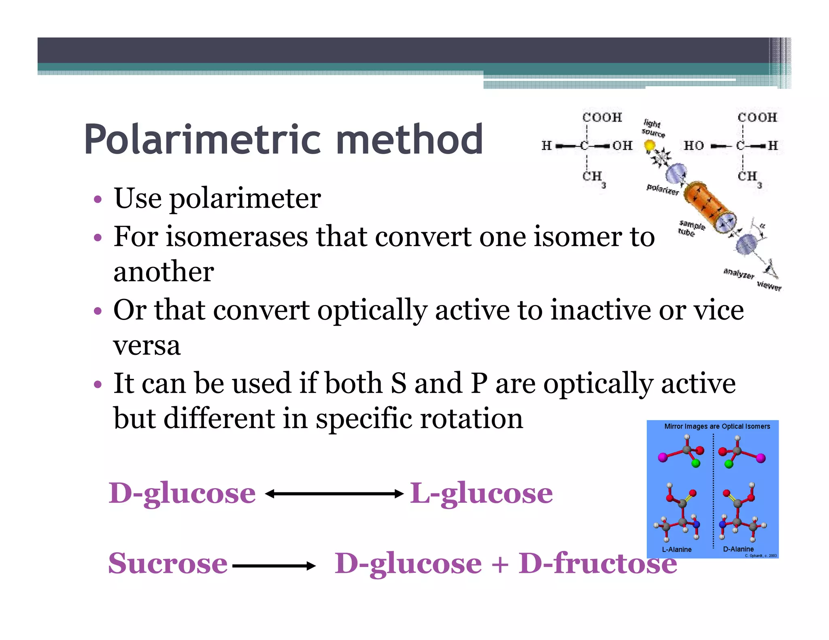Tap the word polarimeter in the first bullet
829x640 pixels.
tap(245, 199)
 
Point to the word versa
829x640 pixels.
tap(147, 346)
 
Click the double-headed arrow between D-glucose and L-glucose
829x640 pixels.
tap(334, 494)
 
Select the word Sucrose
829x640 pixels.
tap(168, 564)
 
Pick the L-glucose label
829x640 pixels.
tap(481, 494)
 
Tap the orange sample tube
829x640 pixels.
tap(708, 206)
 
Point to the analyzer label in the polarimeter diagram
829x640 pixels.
tap(738, 273)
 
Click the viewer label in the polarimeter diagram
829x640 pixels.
tap(769, 286)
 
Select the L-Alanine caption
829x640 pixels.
tap(676, 549)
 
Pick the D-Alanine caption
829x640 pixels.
tap(738, 549)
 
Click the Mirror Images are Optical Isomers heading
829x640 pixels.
tap(717, 426)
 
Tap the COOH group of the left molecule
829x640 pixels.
tap(602, 117)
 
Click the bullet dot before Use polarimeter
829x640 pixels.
tap(97, 199)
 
